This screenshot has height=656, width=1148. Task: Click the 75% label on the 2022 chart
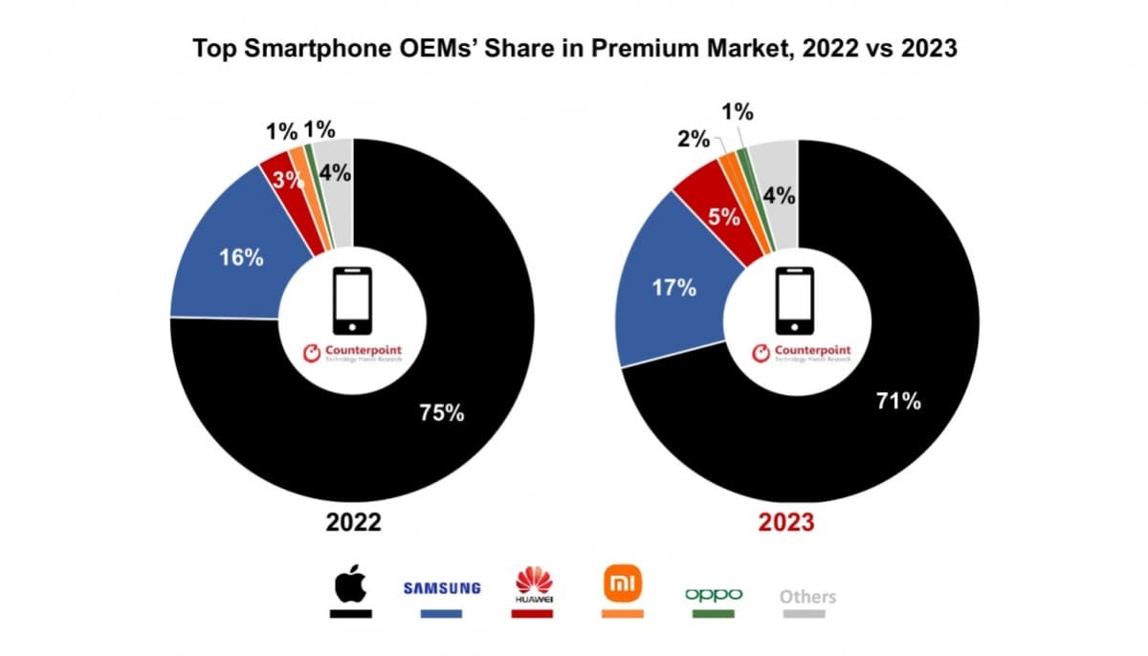pyautogui.click(x=441, y=413)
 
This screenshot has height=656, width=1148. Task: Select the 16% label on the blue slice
pyautogui.click(x=240, y=257)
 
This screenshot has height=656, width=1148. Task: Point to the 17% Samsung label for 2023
pyautogui.click(x=673, y=287)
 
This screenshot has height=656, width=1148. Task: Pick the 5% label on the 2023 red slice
pyautogui.click(x=723, y=216)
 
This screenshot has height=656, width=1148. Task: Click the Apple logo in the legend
pyautogui.click(x=350, y=585)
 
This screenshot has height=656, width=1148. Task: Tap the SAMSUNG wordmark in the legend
pyautogui.click(x=441, y=588)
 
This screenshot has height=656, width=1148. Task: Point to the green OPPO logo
pyautogui.click(x=714, y=594)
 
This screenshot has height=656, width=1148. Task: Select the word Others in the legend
pyautogui.click(x=806, y=597)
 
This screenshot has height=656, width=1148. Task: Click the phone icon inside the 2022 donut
pyautogui.click(x=351, y=300)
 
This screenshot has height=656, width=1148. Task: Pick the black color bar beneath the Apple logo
pyautogui.click(x=350, y=614)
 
